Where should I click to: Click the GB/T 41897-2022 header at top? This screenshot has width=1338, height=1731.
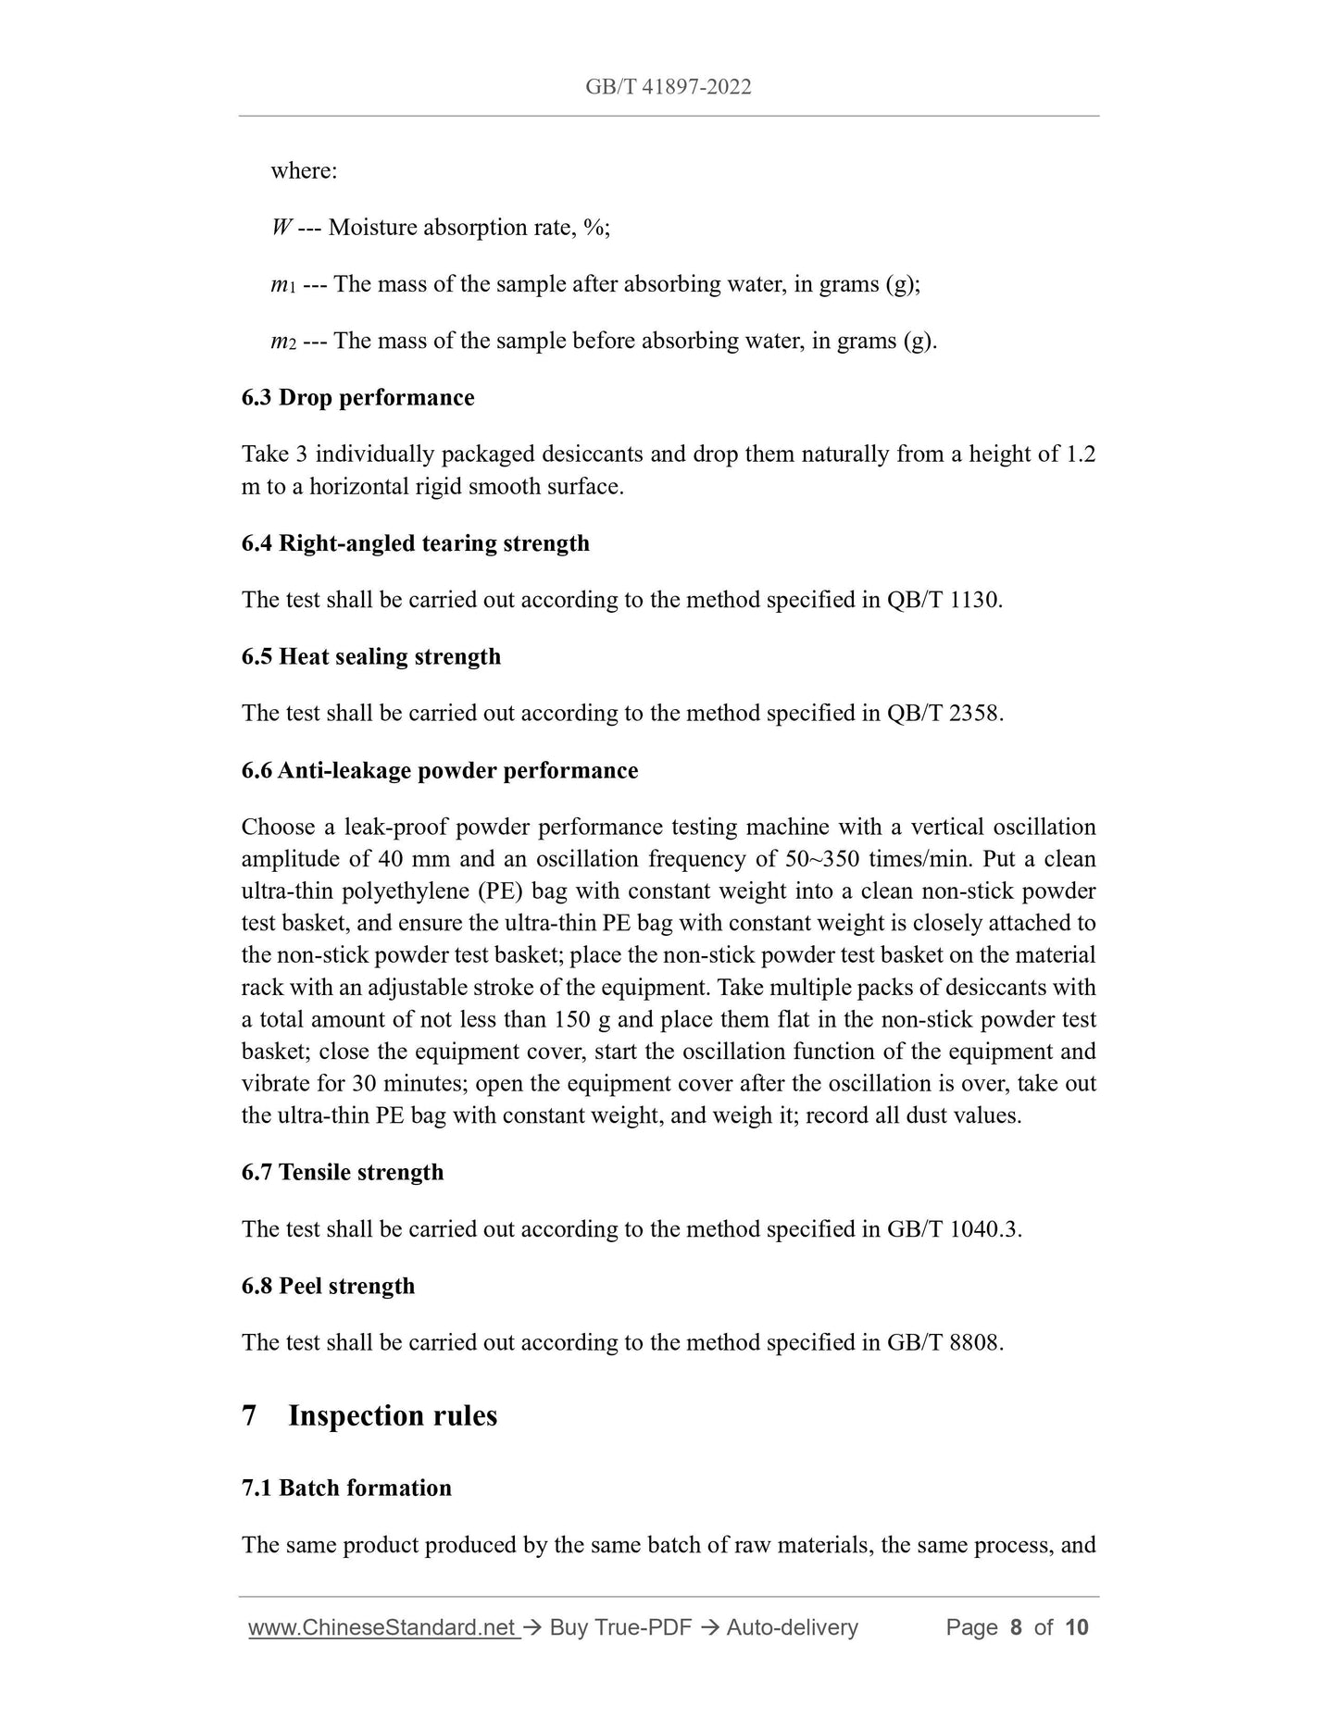pyautogui.click(x=668, y=87)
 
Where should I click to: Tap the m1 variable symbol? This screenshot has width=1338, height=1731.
pyautogui.click(x=282, y=285)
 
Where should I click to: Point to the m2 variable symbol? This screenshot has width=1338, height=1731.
pyautogui.click(x=282, y=342)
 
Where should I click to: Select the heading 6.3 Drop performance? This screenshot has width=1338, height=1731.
pyautogui.click(x=357, y=398)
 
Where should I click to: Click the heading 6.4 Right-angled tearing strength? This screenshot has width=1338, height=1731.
pyautogui.click(x=415, y=543)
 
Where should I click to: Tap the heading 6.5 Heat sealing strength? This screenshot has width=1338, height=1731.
pyautogui.click(x=370, y=656)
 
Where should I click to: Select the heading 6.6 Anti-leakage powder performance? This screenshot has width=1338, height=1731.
pyautogui.click(x=439, y=770)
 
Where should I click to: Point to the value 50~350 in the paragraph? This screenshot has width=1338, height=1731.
pyautogui.click(x=815, y=859)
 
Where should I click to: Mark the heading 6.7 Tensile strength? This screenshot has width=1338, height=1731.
pyautogui.click(x=342, y=1172)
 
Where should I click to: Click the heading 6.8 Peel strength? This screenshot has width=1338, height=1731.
pyautogui.click(x=328, y=1286)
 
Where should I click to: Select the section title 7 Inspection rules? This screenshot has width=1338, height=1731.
pyautogui.click(x=369, y=1416)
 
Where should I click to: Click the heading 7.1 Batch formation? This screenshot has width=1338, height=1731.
pyautogui.click(x=346, y=1488)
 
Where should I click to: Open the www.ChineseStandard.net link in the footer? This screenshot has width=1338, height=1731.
pyautogui.click(x=382, y=1627)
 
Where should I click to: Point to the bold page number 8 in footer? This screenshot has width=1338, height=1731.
pyautogui.click(x=1016, y=1627)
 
